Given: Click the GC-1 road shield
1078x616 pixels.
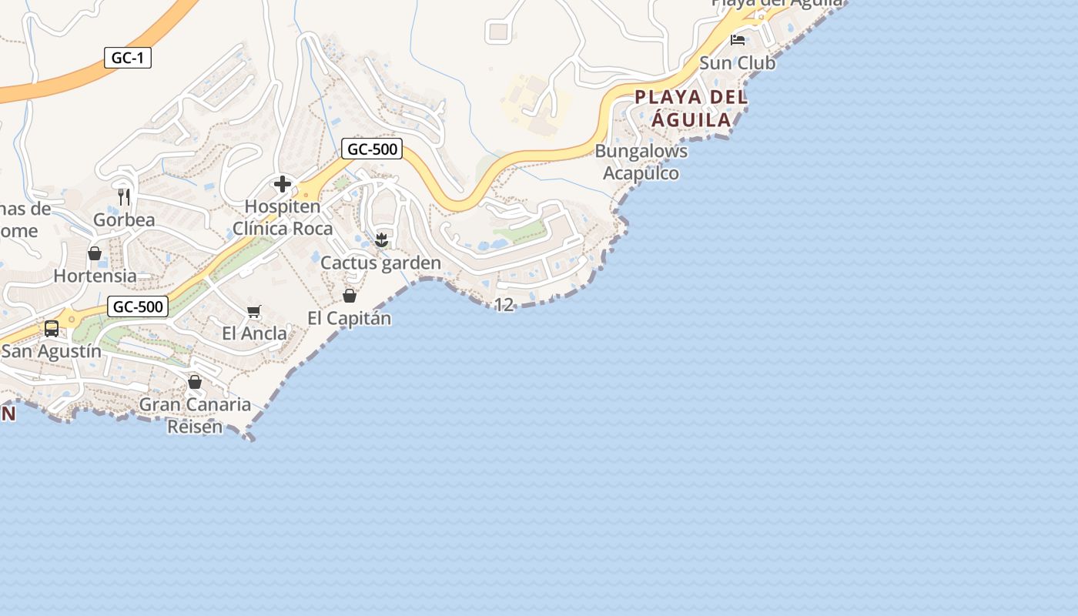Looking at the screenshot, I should (128, 58).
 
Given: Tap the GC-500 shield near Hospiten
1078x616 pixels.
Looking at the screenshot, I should (372, 149).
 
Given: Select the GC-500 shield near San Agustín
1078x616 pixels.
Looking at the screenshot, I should (138, 306).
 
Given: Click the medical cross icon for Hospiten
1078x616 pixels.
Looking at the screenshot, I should (283, 184).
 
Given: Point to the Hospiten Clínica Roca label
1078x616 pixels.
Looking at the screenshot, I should (283, 218).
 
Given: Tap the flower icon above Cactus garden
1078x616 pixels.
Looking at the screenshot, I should (381, 240).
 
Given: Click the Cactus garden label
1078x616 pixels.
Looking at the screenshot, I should (380, 263).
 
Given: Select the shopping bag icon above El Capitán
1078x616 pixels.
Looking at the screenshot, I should (350, 296).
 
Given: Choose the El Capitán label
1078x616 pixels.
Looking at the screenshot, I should (349, 318).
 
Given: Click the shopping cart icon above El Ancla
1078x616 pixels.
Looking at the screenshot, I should (254, 311).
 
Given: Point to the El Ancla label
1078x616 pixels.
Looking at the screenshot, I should (254, 333).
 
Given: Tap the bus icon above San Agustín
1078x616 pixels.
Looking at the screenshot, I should (52, 329).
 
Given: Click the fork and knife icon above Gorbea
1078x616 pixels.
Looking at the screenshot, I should (124, 197).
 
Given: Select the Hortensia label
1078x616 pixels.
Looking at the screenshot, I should (95, 276).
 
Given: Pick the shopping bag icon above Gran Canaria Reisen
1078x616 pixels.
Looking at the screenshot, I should (195, 382).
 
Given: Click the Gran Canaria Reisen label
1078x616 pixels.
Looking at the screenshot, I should (195, 415).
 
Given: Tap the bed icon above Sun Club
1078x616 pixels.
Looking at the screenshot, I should (738, 40).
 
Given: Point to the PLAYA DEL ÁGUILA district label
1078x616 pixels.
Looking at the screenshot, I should (691, 109).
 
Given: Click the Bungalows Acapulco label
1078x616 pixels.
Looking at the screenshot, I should (641, 162).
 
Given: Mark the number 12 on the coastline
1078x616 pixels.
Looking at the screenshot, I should (504, 305).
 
